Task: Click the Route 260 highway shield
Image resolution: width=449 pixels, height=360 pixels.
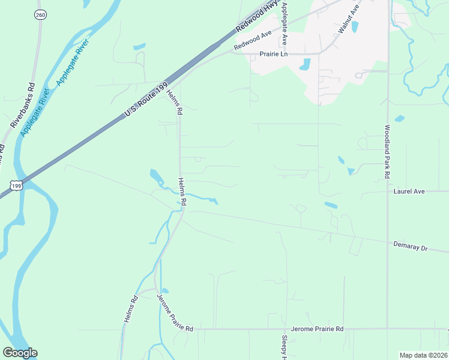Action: coord(40,14)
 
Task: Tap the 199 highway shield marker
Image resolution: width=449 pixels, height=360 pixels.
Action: coord(17,185)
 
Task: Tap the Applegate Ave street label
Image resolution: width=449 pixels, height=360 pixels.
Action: coord(284,24)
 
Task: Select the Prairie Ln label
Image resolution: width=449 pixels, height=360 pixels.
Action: coord(274,54)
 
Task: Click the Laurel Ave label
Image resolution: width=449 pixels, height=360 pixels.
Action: coord(409,191)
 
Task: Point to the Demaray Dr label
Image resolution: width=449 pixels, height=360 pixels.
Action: coord(410,246)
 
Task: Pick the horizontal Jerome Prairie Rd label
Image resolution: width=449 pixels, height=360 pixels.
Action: coord(317,329)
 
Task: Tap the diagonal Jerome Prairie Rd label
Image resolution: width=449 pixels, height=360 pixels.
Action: coord(175,313)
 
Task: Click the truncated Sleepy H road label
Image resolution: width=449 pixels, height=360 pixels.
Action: coord(285,347)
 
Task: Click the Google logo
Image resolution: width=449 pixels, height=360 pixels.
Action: coord(20,353)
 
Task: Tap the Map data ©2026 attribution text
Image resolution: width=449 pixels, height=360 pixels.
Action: coord(423,355)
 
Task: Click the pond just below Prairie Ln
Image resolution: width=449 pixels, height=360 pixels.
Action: coord(305,64)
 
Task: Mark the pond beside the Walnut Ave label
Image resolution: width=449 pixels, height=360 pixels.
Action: coord(355,27)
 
